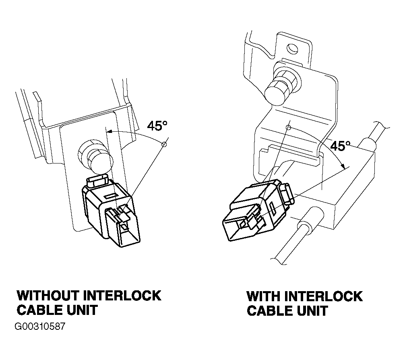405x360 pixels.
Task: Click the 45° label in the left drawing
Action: (x=157, y=126)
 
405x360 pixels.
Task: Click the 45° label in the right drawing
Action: (x=341, y=146)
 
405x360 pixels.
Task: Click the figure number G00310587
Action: (x=40, y=327)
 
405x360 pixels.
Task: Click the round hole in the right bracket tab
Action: (x=293, y=49)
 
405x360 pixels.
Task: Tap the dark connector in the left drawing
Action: (x=111, y=211)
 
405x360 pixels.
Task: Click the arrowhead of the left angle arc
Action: (x=110, y=132)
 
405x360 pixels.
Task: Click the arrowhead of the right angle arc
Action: (x=343, y=166)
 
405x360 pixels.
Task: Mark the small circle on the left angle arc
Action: (x=163, y=144)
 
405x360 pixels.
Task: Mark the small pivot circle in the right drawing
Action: (x=289, y=127)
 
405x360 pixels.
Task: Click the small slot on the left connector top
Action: (x=110, y=196)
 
